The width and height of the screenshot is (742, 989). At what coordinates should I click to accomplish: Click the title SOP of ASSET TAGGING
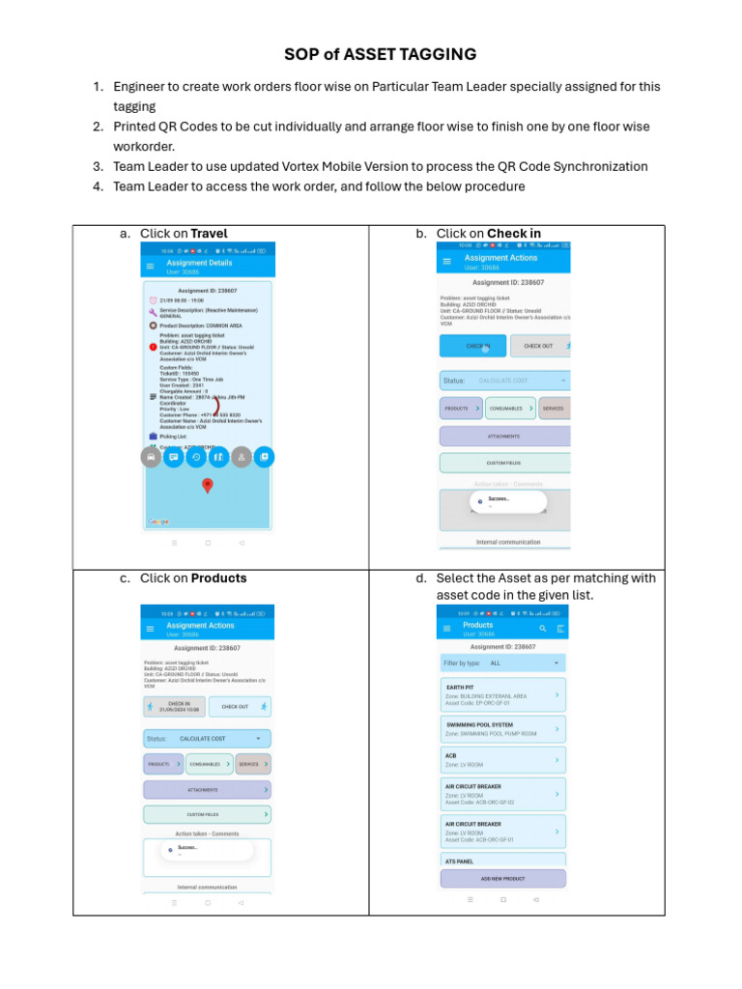pos(380,54)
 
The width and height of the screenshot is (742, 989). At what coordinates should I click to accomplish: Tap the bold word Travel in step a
pos(209,233)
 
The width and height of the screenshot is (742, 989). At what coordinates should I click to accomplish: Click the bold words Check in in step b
pos(513,233)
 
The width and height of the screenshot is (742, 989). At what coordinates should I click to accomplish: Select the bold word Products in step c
pos(218,579)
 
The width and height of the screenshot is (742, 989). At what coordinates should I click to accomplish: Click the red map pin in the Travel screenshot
pos(207,485)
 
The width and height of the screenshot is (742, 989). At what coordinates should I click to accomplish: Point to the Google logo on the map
pos(157,522)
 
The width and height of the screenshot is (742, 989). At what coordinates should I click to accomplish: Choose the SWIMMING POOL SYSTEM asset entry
pos(501,729)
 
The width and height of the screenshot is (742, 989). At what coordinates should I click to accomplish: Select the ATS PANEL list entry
pos(501,861)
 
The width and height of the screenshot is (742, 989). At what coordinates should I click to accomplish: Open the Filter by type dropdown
pos(501,664)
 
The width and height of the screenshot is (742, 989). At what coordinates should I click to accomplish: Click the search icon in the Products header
pos(543,628)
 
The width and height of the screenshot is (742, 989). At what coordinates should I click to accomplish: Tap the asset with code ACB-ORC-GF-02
pos(501,794)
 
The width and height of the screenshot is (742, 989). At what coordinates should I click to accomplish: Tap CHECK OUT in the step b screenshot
pos(538,346)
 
